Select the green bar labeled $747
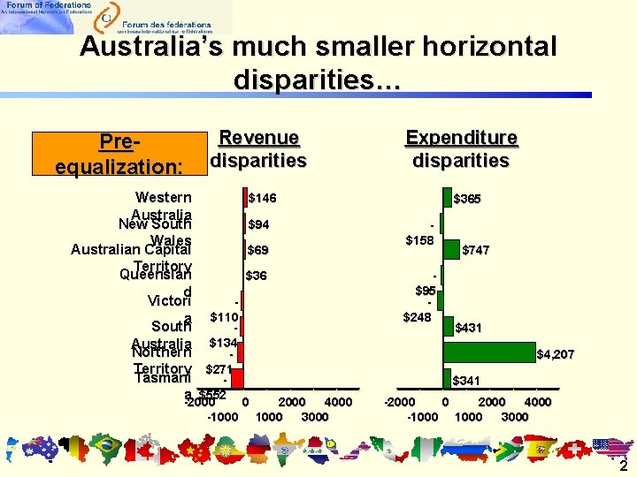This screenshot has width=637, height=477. [x=450, y=250]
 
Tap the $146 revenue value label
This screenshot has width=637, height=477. [x=262, y=199]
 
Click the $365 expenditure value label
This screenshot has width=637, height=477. [x=466, y=200]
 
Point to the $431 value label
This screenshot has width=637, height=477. [x=467, y=328]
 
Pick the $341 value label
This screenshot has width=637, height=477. [x=466, y=381]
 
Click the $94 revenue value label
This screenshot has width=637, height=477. [x=259, y=224]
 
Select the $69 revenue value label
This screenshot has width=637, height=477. [x=258, y=250]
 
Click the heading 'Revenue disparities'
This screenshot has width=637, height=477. [x=258, y=149]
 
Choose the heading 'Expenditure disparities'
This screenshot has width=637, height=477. [x=461, y=149]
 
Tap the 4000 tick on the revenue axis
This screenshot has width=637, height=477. [x=339, y=403]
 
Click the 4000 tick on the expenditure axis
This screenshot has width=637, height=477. [x=538, y=403]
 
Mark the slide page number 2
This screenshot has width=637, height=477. [x=623, y=466]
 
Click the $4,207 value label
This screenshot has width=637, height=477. [x=556, y=355]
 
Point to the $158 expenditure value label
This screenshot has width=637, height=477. [x=419, y=240]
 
